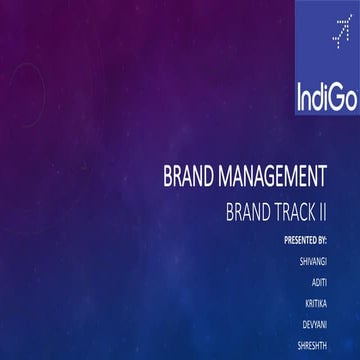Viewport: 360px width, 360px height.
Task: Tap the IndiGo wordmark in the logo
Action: pos(326,97)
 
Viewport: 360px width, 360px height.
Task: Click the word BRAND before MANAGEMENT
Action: pos(189,179)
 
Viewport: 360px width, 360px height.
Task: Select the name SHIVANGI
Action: pos(313,260)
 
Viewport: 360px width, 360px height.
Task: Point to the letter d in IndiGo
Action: pos(319,97)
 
